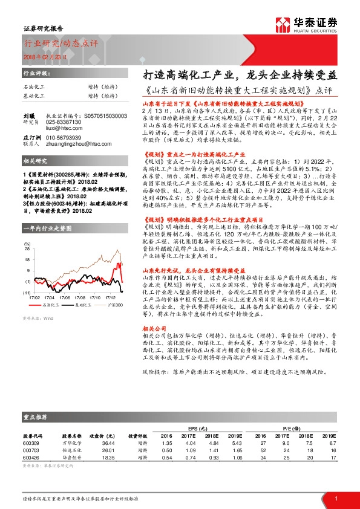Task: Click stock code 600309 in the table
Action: tap(31, 443)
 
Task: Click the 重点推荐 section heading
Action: tap(37, 417)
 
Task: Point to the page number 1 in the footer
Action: tap(335, 499)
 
